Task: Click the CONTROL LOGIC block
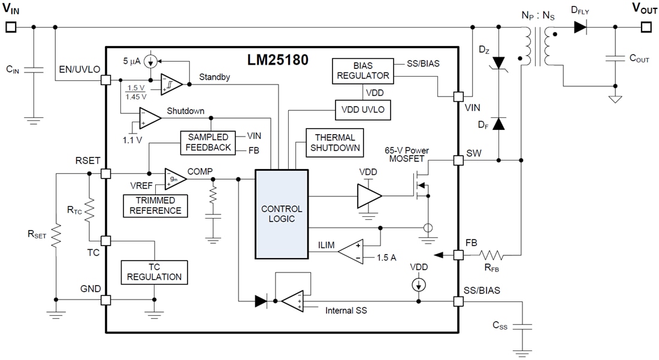tap(282, 214)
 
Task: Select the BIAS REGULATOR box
tap(362, 71)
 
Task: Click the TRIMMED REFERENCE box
tap(155, 205)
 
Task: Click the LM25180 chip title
tap(277, 60)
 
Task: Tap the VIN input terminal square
tap(10, 27)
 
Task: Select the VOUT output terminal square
tap(645, 27)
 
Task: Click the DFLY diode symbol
tap(579, 27)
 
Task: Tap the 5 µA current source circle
tap(152, 61)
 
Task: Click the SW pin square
tap(459, 160)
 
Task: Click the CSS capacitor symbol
tap(523, 326)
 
